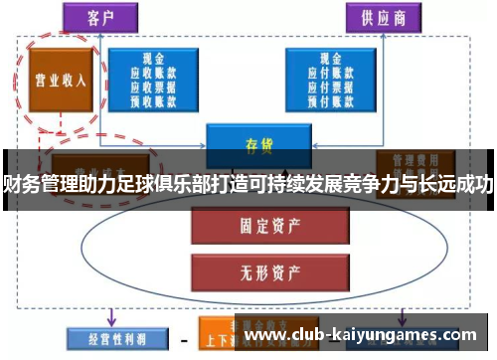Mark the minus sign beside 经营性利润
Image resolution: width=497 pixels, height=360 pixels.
pos(184,338)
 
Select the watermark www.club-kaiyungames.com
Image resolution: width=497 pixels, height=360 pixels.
pos(367,336)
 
